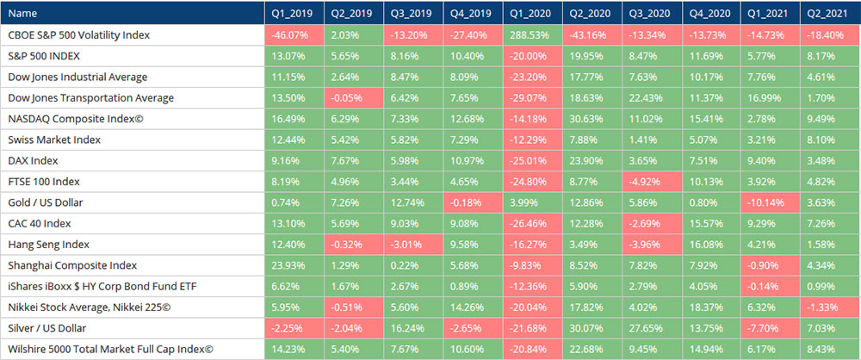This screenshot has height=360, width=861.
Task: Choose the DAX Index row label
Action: [x=35, y=161]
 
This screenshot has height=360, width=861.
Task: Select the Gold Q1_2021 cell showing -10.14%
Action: [x=763, y=203]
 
